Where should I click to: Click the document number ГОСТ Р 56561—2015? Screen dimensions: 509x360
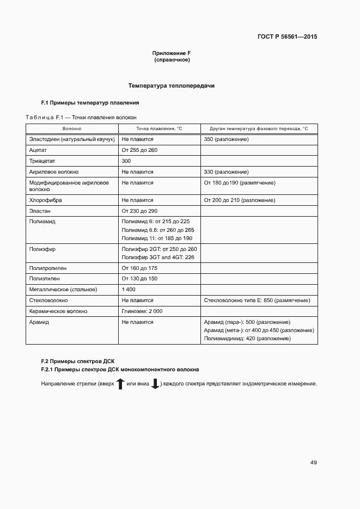[286, 37]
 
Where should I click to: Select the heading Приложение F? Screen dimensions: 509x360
[172, 53]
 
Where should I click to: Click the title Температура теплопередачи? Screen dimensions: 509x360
[172, 86]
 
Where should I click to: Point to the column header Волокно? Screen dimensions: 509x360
[72, 128]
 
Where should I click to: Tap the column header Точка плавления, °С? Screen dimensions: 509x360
[159, 128]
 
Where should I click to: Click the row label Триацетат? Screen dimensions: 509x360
[42, 161]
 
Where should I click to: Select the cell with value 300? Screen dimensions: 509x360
[126, 161]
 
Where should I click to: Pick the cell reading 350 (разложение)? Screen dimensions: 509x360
[226, 139]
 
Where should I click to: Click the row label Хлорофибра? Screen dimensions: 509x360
[45, 200]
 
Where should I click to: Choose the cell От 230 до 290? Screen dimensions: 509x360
[139, 211]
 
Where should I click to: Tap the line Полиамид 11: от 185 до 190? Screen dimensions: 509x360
[157, 238]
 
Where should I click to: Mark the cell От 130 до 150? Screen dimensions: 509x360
[139, 278]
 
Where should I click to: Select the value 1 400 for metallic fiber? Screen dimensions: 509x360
[129, 289]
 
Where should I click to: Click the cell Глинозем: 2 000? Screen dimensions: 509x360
[142, 311]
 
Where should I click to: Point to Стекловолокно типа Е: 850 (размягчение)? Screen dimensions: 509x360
[257, 300]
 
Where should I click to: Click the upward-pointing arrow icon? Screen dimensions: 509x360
[120, 384]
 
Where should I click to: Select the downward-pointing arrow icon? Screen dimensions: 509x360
[155, 384]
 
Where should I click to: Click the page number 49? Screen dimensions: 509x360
[313, 463]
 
